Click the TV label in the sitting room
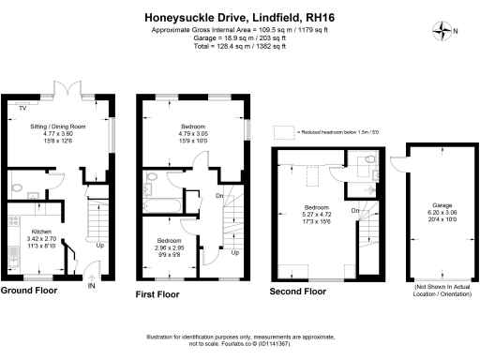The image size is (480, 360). coord(21,108)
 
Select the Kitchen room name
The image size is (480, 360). coord(42,231)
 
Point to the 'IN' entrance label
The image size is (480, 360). coord(91,287)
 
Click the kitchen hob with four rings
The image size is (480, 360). coord(12,222)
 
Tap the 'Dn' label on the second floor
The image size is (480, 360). coord(355,210)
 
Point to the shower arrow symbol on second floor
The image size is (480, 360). coord(371,172)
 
